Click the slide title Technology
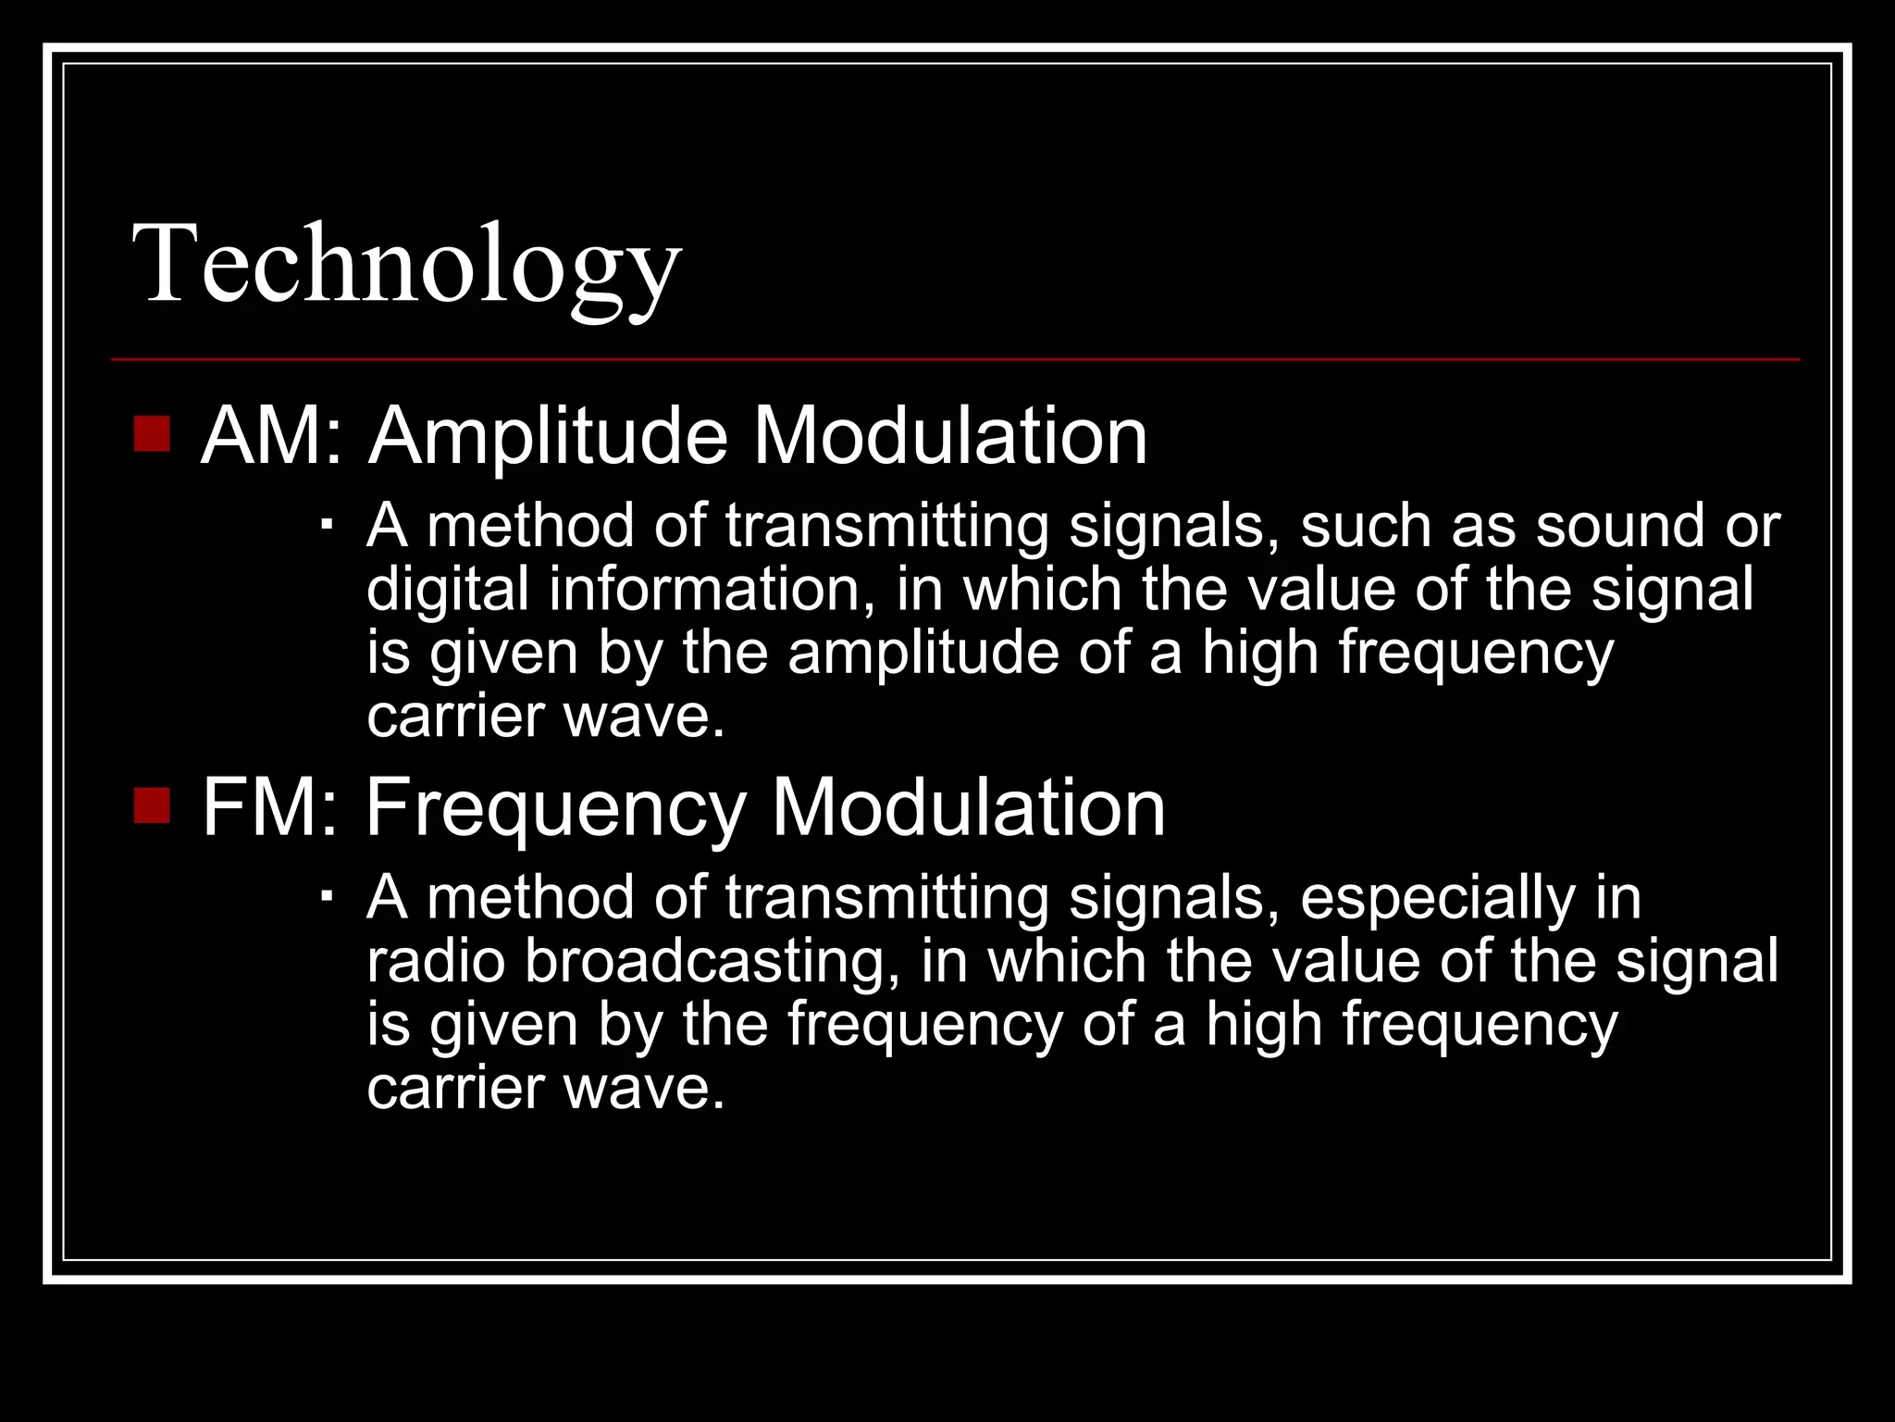coord(407,265)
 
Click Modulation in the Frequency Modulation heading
coord(968,807)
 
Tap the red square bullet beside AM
coord(152,433)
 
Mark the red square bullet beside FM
coord(152,805)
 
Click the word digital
coord(447,591)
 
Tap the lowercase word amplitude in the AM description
coord(923,654)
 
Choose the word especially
coord(1437,900)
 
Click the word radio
coord(436,961)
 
